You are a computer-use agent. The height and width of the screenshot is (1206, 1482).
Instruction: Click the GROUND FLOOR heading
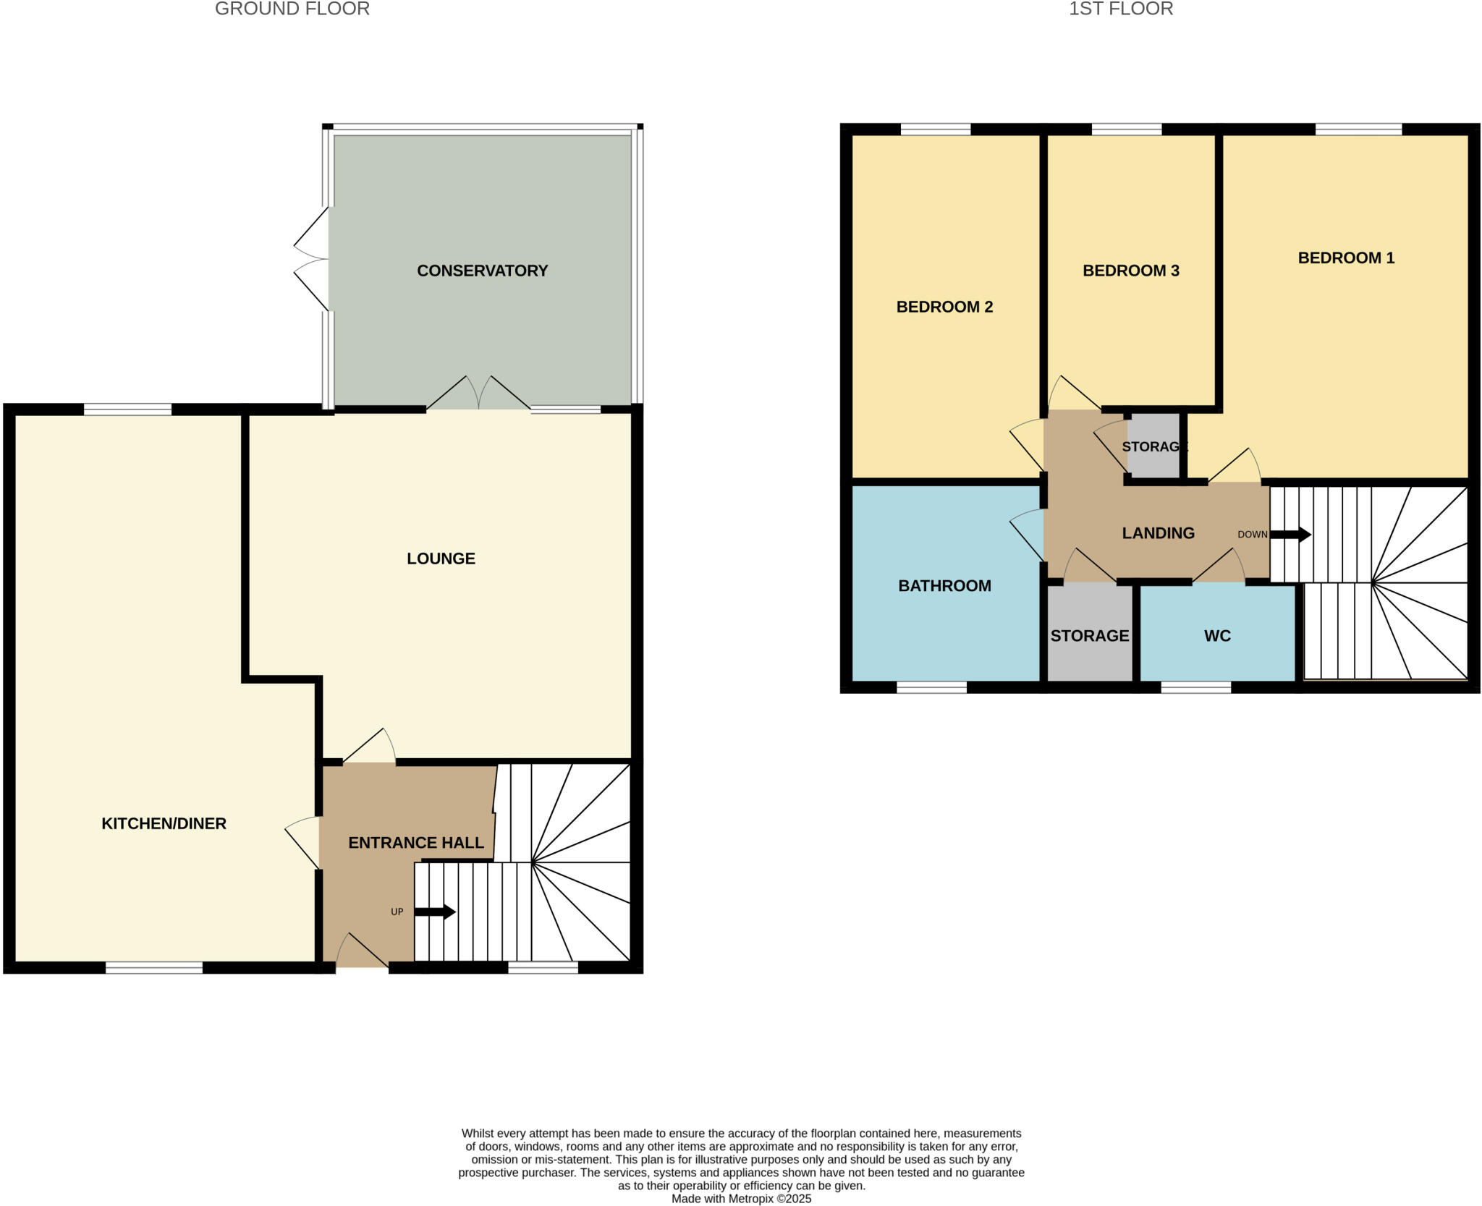point(292,9)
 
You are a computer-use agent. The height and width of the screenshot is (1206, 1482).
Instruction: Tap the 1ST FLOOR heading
point(1121,9)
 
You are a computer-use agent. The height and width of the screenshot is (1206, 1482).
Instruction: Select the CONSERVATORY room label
point(482,271)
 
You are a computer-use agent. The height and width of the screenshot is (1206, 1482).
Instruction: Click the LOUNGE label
point(441,559)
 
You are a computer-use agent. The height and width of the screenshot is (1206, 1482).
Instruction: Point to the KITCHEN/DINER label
point(164,823)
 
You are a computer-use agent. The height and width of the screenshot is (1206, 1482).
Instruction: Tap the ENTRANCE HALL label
point(416,843)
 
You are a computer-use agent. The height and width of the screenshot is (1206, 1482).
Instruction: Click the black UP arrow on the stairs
point(435,912)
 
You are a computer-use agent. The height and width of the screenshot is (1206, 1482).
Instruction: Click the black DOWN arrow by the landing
point(1290,535)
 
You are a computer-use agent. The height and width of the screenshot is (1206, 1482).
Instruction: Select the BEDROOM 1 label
point(1346,258)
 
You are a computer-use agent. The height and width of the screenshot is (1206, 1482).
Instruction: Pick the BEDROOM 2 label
point(944,307)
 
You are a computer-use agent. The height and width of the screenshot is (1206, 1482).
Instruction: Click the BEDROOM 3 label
point(1130,271)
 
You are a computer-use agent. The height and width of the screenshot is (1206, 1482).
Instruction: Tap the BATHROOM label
point(944,586)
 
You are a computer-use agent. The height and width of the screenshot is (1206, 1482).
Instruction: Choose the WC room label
point(1217,636)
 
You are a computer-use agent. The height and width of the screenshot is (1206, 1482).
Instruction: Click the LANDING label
point(1158,533)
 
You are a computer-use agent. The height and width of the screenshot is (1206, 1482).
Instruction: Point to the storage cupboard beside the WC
point(1090,636)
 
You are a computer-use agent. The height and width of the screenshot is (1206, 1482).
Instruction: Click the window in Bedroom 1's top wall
point(1358,129)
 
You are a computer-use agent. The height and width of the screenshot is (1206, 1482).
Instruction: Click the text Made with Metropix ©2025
point(741,1199)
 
